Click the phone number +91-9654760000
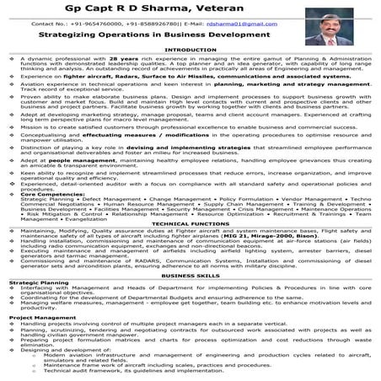click(99, 25)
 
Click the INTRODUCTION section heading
click(190, 51)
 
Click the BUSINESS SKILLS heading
click(190, 299)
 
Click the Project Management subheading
click(41, 342)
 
